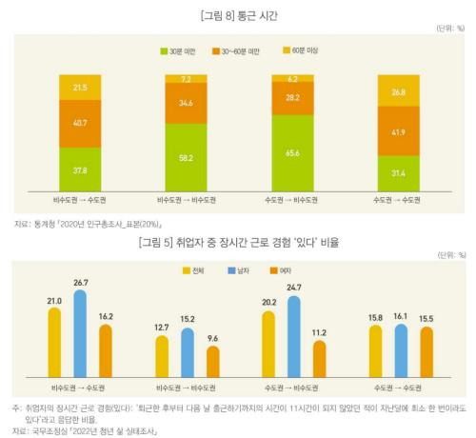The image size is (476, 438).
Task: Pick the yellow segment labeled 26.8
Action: [x=398, y=92]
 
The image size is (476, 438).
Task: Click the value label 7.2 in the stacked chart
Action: [x=187, y=78]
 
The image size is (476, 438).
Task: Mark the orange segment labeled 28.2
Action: [x=293, y=98]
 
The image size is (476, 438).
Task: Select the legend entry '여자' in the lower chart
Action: [x=299, y=271]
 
